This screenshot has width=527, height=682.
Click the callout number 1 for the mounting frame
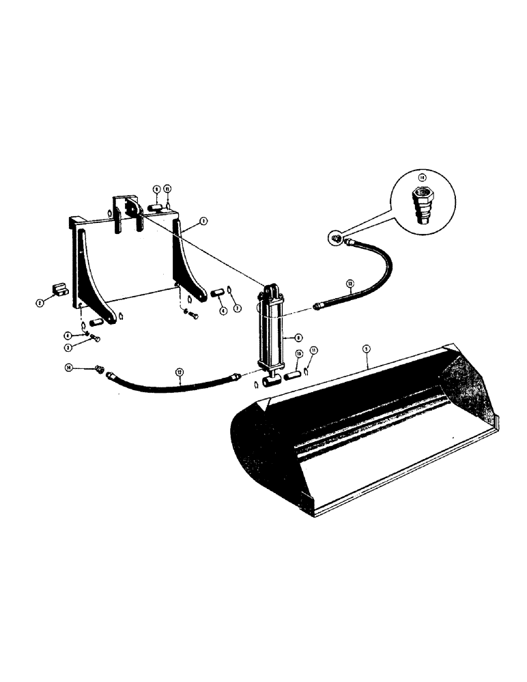tap(203, 221)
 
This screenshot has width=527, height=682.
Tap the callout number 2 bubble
tap(40, 301)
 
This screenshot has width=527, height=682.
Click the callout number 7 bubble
tap(237, 308)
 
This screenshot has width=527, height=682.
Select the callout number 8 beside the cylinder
tap(298, 336)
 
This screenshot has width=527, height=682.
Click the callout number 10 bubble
tap(299, 354)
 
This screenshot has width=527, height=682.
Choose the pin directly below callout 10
tap(294, 374)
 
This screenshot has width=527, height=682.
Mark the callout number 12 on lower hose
tap(179, 372)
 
